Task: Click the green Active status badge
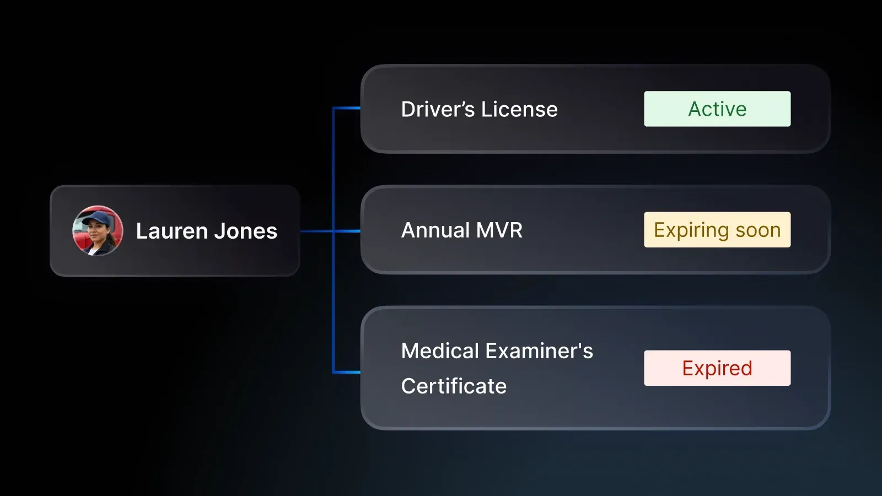[x=717, y=109]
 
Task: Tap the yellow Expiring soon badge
[x=717, y=230]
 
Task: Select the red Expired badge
[x=717, y=368]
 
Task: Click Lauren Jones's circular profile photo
[x=98, y=231]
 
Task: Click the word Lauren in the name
[x=171, y=231]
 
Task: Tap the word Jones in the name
[x=245, y=231]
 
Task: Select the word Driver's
[x=438, y=109]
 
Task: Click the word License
[x=519, y=109]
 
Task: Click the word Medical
[x=440, y=351]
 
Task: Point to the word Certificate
[x=454, y=386]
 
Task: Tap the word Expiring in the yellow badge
[x=691, y=230]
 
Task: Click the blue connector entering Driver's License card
[x=347, y=109]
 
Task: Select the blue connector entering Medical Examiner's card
[x=347, y=372]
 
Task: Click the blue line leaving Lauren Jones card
[x=316, y=231]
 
